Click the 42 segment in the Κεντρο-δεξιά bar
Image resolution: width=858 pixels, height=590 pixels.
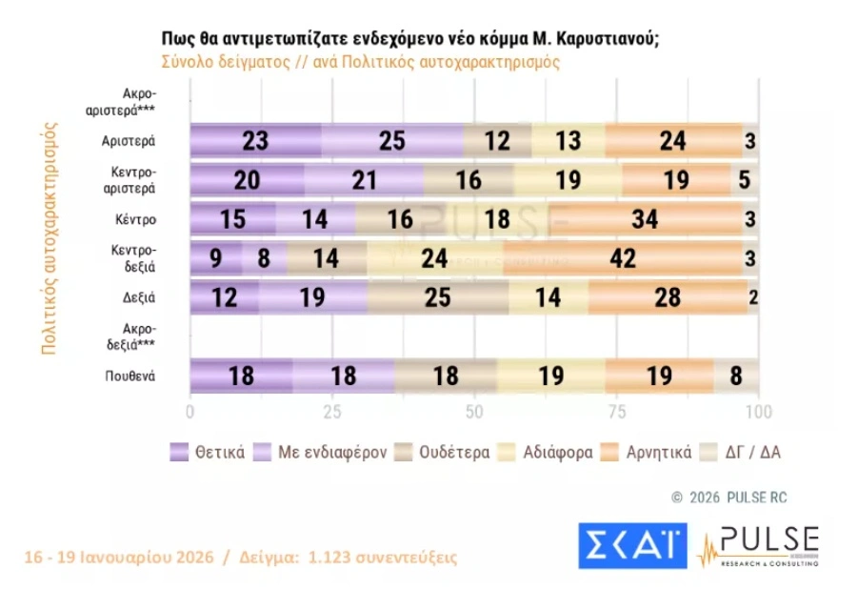[623, 257]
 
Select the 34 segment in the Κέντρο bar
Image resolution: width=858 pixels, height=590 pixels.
[645, 218]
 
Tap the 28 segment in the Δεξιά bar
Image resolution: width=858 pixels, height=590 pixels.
[668, 296]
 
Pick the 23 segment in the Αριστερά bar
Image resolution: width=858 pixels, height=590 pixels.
[255, 140]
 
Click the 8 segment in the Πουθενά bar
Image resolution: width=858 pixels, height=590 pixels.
[736, 375]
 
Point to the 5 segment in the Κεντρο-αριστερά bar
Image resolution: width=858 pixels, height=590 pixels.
[744, 179]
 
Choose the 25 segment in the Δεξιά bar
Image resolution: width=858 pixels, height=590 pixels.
[437, 296]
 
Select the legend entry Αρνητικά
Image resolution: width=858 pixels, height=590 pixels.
[647, 452]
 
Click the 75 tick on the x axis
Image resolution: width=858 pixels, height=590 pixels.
[616, 412]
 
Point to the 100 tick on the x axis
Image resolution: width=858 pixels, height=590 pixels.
[758, 412]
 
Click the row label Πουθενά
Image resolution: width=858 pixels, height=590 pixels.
[130, 376]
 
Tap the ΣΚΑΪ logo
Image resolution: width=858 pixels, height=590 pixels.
[631, 546]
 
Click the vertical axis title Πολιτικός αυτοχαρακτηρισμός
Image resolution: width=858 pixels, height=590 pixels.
[50, 238]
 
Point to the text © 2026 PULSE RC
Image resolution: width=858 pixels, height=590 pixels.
[729, 497]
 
